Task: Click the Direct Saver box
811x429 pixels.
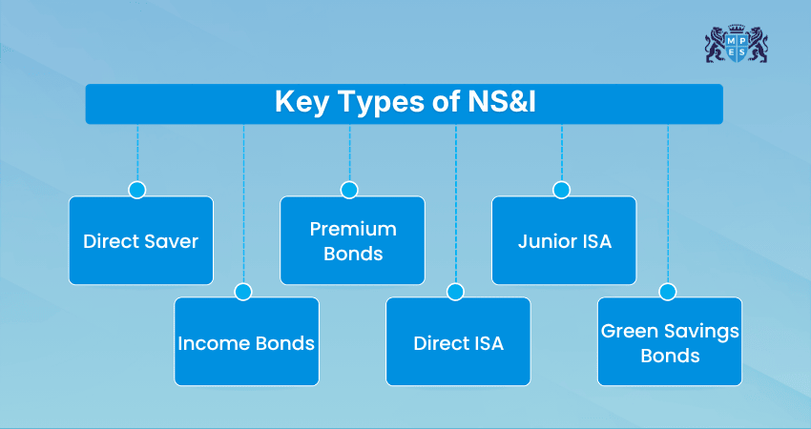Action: click(141, 240)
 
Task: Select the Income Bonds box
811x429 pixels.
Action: click(246, 341)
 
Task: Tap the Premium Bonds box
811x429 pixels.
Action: click(352, 240)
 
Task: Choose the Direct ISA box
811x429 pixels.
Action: click(458, 341)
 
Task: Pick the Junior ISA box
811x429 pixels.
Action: click(564, 240)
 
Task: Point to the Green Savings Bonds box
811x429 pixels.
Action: click(670, 341)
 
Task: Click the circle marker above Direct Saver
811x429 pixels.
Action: click(137, 190)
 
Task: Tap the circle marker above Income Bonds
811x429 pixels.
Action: click(243, 292)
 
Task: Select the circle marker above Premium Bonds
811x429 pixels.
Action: click(349, 190)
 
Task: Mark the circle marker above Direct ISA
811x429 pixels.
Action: click(455, 292)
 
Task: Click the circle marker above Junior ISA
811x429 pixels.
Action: click(561, 190)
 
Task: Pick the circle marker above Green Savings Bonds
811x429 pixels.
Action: click(667, 292)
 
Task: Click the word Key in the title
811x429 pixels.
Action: click(299, 102)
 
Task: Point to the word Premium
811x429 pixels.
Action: click(352, 229)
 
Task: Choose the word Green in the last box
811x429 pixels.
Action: click(627, 331)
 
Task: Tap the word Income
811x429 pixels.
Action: click(211, 342)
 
